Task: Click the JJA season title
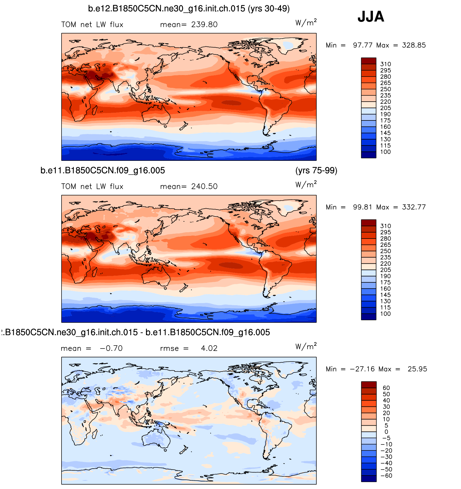371,17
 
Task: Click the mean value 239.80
204,25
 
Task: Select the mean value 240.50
204,187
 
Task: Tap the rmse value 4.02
209,349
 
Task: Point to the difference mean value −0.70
111,349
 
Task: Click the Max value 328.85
414,45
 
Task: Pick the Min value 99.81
362,207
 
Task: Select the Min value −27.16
362,369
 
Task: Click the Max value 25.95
417,369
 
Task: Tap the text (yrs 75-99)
316,171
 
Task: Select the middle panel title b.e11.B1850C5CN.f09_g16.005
103,171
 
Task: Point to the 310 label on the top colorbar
385,64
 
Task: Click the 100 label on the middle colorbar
385,314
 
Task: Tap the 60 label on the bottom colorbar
386,388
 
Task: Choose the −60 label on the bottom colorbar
386,476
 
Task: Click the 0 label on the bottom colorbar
386,432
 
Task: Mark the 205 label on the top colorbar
385,108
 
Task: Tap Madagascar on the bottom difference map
95,434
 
